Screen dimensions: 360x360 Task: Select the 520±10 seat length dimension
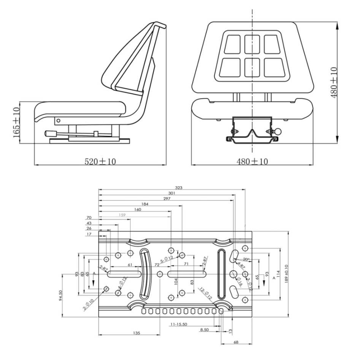pos(100,161)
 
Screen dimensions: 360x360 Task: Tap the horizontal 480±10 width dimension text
pos(252,161)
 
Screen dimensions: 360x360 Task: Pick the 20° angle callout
pos(246,260)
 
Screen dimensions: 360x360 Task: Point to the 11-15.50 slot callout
pos(181,324)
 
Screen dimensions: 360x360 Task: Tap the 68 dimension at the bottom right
pos(236,343)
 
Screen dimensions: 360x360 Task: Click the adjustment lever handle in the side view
pos(51,134)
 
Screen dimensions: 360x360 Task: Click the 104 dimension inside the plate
pos(176,281)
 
